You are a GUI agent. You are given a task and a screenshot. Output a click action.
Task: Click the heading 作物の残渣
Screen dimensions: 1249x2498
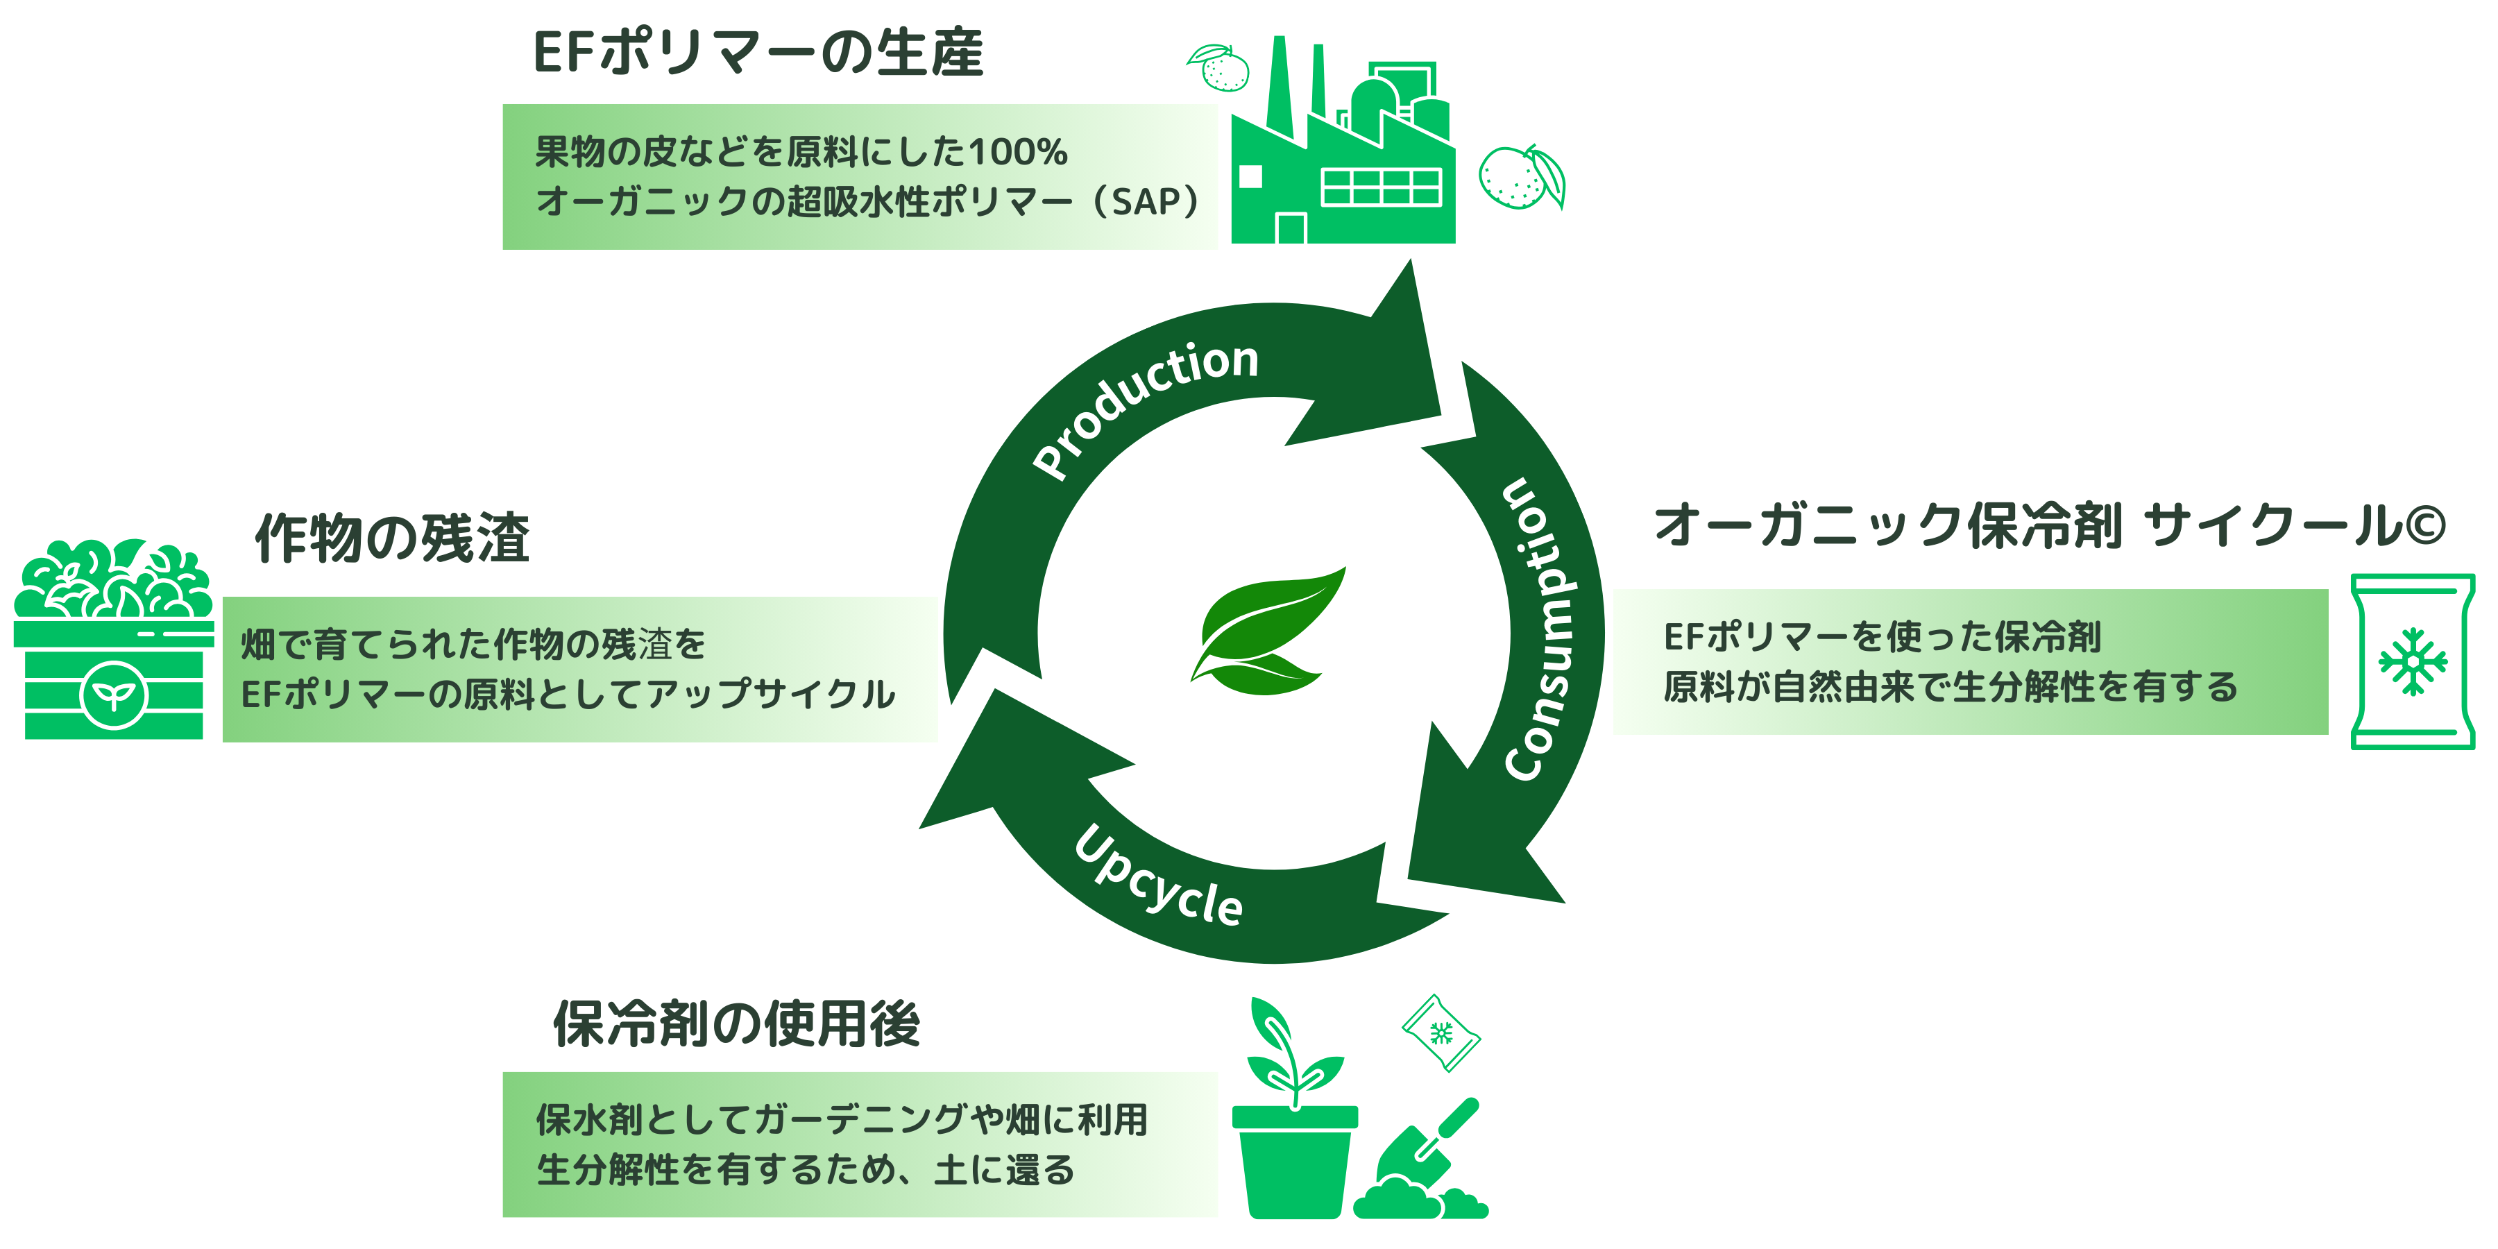(x=393, y=538)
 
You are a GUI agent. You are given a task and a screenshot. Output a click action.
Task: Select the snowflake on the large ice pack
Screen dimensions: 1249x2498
(x=2413, y=663)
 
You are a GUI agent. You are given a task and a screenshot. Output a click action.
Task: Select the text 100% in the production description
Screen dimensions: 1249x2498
(x=1017, y=152)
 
